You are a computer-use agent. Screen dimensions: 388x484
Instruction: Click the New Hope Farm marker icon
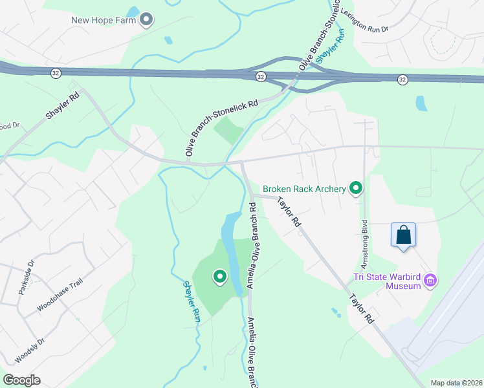pyautogui.click(x=146, y=19)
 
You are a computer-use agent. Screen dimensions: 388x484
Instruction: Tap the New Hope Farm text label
pyautogui.click(x=104, y=20)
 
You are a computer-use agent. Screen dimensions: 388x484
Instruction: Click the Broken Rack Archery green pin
pyautogui.click(x=355, y=188)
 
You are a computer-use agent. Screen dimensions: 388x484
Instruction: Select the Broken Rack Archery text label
pyautogui.click(x=303, y=189)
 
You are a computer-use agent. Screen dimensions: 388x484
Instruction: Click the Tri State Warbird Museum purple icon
pyautogui.click(x=431, y=281)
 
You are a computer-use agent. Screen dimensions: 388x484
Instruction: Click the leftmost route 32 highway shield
pyautogui.click(x=55, y=73)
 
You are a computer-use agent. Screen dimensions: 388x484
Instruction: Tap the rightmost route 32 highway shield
pyautogui.click(x=402, y=80)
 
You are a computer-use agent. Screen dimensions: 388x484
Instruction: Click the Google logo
pyautogui.click(x=21, y=380)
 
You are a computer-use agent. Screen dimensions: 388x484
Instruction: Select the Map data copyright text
pyautogui.click(x=456, y=383)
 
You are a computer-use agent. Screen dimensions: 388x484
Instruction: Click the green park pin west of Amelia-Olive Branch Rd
pyautogui.click(x=219, y=277)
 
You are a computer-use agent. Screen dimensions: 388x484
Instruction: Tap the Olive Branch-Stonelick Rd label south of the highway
pyautogui.click(x=221, y=127)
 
